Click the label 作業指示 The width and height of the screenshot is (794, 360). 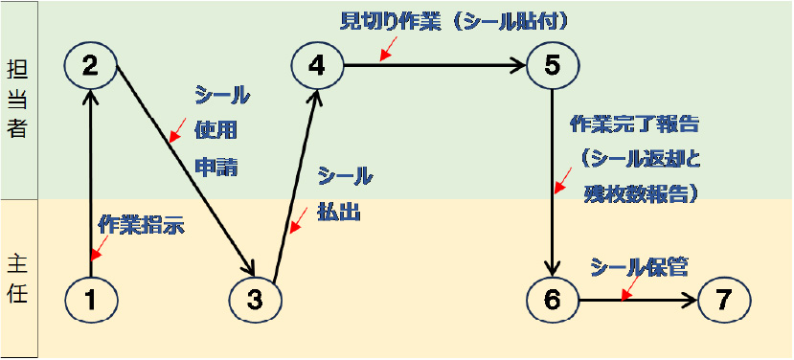coord(141,225)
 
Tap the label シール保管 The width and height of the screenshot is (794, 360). coord(640,267)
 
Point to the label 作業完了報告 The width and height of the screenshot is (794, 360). coord(634,125)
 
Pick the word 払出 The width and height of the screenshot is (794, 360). coord(339,212)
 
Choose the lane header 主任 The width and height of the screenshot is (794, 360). coord(18,279)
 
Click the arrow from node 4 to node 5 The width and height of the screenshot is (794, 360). coord(435,65)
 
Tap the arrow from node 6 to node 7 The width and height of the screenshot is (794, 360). coord(638,301)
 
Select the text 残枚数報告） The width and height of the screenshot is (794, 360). coord(641,192)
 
